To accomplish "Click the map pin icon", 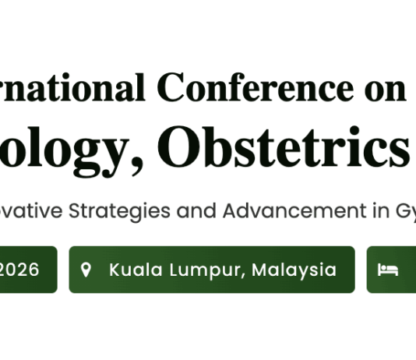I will [86, 270].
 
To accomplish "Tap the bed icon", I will [387, 270].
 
